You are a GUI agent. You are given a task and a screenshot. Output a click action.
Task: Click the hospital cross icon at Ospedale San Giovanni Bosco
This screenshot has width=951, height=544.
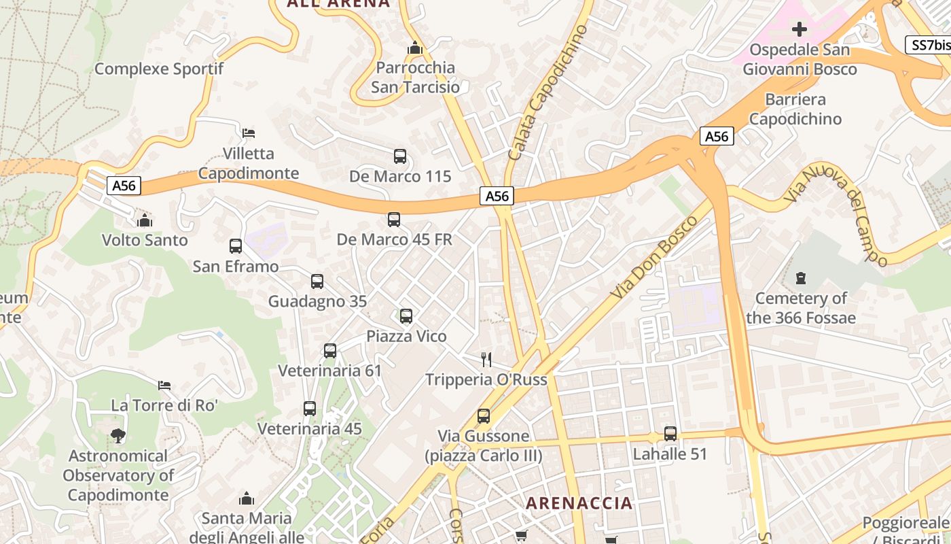800,29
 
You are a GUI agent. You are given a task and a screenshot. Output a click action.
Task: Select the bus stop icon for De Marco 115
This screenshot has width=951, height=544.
400,156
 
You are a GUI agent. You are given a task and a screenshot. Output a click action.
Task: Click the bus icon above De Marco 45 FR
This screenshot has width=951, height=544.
394,220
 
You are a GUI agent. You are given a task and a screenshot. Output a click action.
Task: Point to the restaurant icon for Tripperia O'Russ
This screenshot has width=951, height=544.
486,359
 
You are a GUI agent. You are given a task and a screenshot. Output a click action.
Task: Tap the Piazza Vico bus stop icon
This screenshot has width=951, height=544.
406,316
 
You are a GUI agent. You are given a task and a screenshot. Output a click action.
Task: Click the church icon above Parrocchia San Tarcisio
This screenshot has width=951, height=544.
414,48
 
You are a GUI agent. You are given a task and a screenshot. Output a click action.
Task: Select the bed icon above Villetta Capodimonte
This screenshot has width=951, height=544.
249,133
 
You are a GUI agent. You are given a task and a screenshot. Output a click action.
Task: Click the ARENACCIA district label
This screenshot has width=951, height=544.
579,503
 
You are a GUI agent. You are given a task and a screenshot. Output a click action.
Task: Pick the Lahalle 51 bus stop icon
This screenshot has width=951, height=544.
670,434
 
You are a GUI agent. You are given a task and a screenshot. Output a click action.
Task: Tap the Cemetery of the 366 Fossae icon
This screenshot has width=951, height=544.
801,278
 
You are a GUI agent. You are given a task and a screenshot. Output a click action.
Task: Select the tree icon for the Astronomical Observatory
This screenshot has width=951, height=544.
118,436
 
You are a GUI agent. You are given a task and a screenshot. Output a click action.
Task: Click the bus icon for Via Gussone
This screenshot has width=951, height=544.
484,416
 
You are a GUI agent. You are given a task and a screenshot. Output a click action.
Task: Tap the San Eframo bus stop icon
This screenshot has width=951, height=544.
236,246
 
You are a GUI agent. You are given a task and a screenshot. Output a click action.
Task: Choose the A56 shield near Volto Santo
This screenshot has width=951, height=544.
124,186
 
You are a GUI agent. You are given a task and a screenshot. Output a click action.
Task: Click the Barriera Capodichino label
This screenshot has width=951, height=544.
794,109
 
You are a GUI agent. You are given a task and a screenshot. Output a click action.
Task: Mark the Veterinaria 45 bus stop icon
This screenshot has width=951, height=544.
310,409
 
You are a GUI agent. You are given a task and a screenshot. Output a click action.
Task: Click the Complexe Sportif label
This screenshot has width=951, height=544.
159,69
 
